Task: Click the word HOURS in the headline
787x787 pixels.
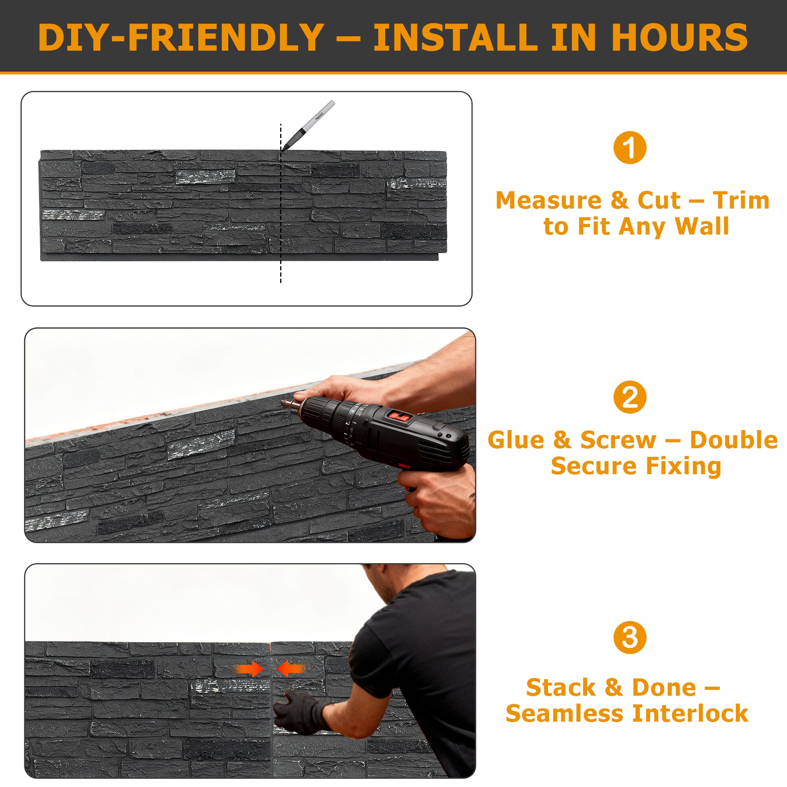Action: point(680,37)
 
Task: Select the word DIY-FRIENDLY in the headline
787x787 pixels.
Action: point(181,37)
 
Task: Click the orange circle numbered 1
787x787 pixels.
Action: point(630,148)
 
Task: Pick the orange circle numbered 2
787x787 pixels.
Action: point(630,397)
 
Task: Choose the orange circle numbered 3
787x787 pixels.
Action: point(630,637)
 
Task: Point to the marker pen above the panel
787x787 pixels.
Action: point(308,126)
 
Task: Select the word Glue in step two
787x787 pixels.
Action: point(516,440)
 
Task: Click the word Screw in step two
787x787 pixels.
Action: point(618,440)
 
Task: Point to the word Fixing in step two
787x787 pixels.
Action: point(684,466)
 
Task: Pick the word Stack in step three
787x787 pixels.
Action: point(560,687)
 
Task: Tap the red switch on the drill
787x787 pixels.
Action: point(398,416)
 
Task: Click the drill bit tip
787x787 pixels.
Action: point(282,403)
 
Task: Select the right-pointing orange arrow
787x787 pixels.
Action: point(249,669)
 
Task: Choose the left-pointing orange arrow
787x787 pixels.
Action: point(291,669)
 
